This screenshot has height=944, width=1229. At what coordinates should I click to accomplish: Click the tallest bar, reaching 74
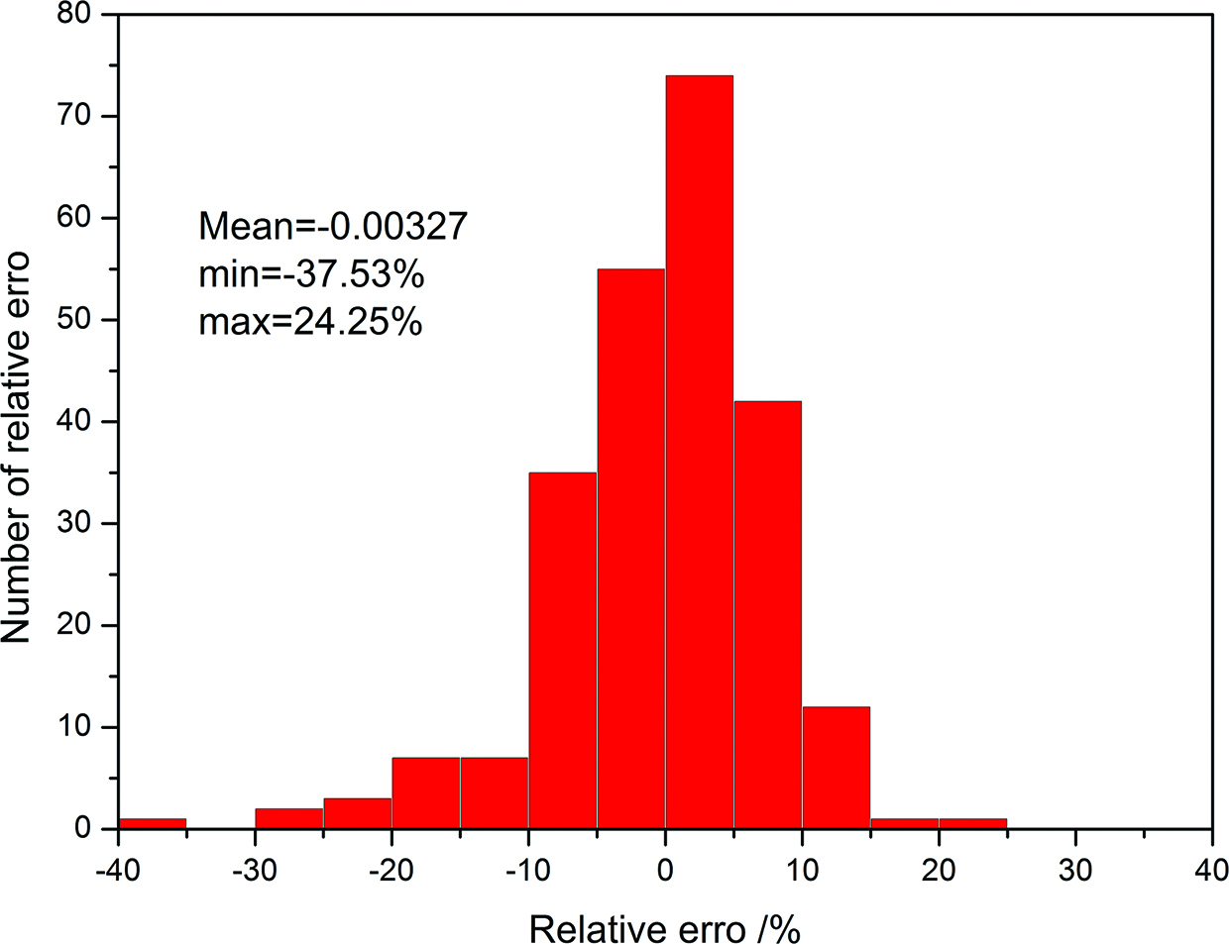click(699, 452)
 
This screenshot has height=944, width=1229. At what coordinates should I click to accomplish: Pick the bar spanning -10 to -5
click(562, 650)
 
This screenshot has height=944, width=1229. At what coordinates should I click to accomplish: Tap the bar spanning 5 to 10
click(767, 614)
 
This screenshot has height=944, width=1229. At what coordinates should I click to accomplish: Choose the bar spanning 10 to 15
click(836, 767)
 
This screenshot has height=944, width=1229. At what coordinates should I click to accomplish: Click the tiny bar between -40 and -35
click(152, 823)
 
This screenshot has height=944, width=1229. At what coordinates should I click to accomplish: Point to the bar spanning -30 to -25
click(288, 818)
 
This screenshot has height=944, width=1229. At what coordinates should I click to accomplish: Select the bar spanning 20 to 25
click(972, 823)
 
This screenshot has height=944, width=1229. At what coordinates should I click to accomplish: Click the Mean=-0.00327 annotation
click(332, 227)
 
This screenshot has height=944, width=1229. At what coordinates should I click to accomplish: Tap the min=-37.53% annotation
click(311, 274)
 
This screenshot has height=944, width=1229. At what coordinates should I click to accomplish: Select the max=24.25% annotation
click(310, 321)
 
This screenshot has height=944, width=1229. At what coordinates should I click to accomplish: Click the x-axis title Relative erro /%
click(664, 929)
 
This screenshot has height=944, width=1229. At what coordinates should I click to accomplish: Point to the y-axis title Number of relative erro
click(17, 448)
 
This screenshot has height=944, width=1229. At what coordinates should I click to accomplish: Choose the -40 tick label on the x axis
click(117, 870)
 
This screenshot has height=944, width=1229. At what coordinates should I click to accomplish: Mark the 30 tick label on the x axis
click(1075, 870)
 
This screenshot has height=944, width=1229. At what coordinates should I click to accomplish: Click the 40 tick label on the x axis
click(1211, 870)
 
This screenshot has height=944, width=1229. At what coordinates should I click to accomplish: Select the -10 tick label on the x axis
click(527, 870)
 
